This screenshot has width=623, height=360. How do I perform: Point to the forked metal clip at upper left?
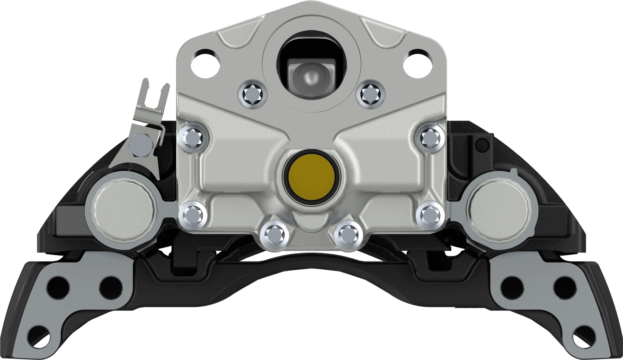click(151, 102)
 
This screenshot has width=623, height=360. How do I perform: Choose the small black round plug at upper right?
click(482, 145)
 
